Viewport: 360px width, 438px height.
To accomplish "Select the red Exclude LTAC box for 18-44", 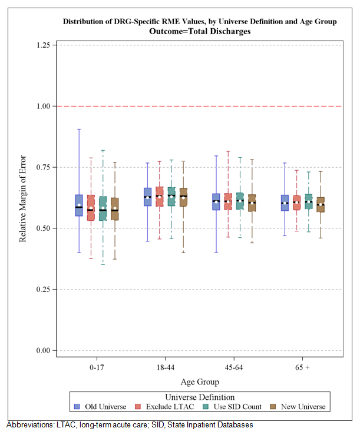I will click(160, 196).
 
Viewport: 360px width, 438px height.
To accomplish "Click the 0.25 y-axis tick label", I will click(42, 289).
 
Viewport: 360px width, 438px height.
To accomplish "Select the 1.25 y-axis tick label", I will click(42, 45).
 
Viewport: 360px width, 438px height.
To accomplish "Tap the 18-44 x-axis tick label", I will click(156, 367).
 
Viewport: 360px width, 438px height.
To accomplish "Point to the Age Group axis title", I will click(200, 381).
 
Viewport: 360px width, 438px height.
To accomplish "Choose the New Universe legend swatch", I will click(274, 407).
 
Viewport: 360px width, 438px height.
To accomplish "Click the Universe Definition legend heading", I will click(200, 397).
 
